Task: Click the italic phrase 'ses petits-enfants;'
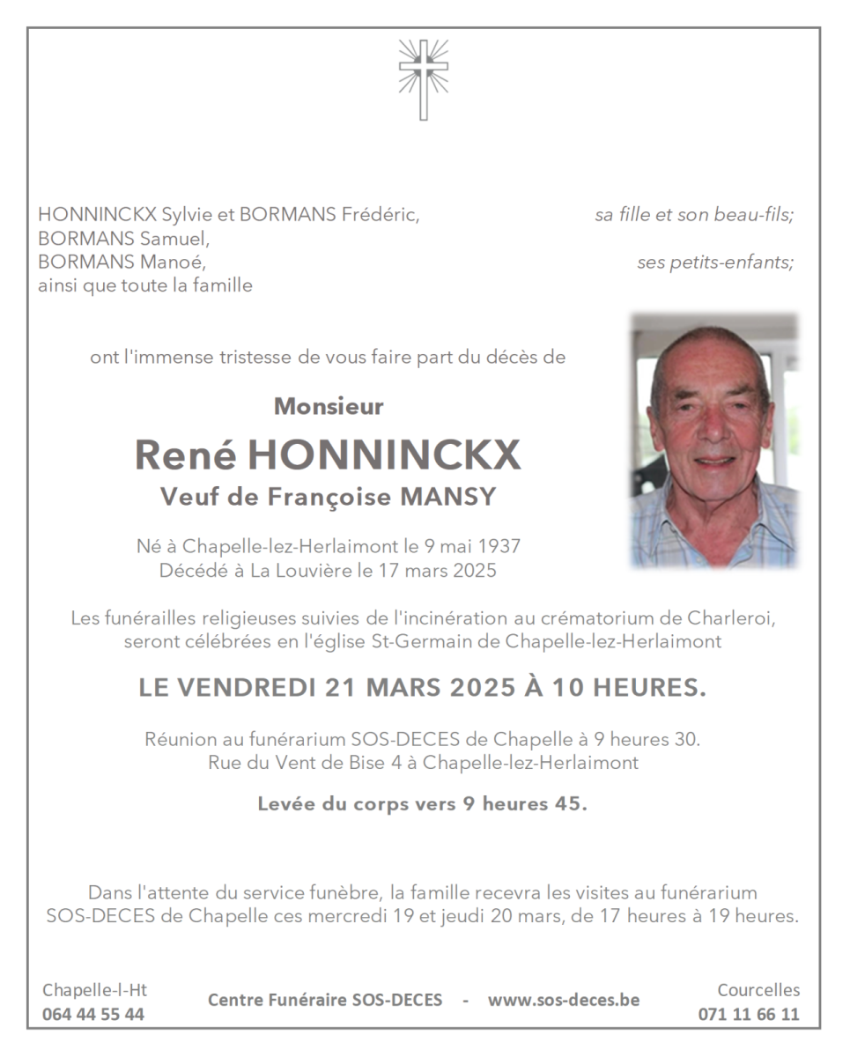pyautogui.click(x=715, y=262)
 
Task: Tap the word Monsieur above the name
pyautogui.click(x=329, y=407)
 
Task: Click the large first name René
pyautogui.click(x=185, y=455)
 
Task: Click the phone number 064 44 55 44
pyautogui.click(x=93, y=1014)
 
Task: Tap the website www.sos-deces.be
pyautogui.click(x=564, y=1000)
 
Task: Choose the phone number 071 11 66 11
pyautogui.click(x=749, y=1014)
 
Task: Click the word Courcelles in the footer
pyautogui.click(x=758, y=990)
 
